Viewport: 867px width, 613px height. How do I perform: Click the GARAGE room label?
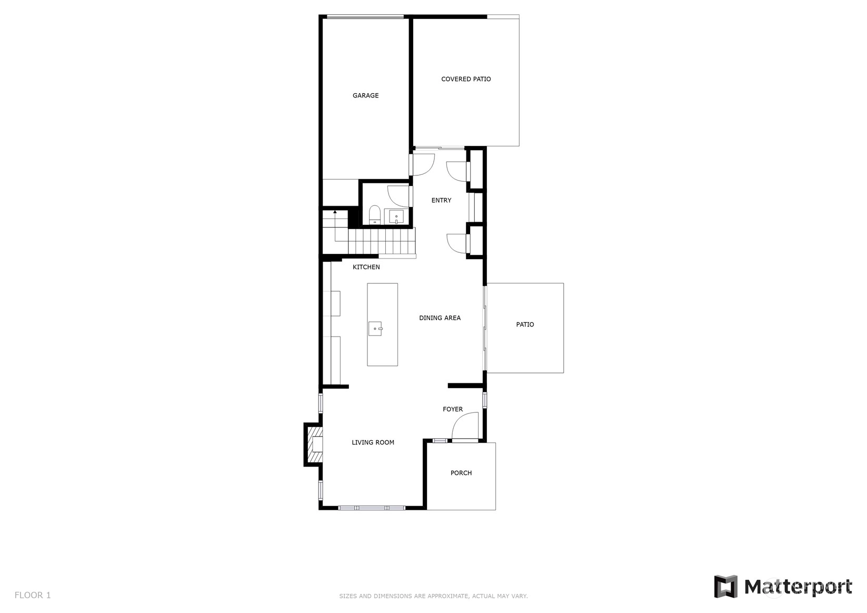(x=365, y=96)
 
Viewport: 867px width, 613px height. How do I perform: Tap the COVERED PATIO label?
(x=466, y=79)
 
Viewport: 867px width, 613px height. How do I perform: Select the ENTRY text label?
(x=441, y=200)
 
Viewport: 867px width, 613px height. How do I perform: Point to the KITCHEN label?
(x=366, y=267)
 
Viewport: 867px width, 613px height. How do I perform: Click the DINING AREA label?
(x=440, y=318)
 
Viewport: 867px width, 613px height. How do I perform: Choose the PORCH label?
(x=461, y=473)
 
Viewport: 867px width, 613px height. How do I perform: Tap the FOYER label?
(x=453, y=409)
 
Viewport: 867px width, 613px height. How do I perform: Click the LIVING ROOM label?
(x=373, y=442)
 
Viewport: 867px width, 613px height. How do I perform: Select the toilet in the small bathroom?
(x=374, y=215)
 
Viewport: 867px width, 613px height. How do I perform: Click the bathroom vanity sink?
(x=396, y=217)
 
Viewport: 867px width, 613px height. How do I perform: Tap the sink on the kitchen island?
(x=375, y=329)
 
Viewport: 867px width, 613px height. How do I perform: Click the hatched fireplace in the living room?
(x=314, y=444)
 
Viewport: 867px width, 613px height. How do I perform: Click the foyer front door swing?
(x=465, y=426)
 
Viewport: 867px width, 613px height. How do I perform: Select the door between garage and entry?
(x=422, y=165)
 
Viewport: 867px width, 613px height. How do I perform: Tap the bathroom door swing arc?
(x=398, y=196)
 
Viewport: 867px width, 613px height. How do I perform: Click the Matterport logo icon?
(x=726, y=587)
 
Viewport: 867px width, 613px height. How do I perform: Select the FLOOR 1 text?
(x=33, y=595)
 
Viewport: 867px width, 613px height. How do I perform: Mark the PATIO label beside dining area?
(x=525, y=324)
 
